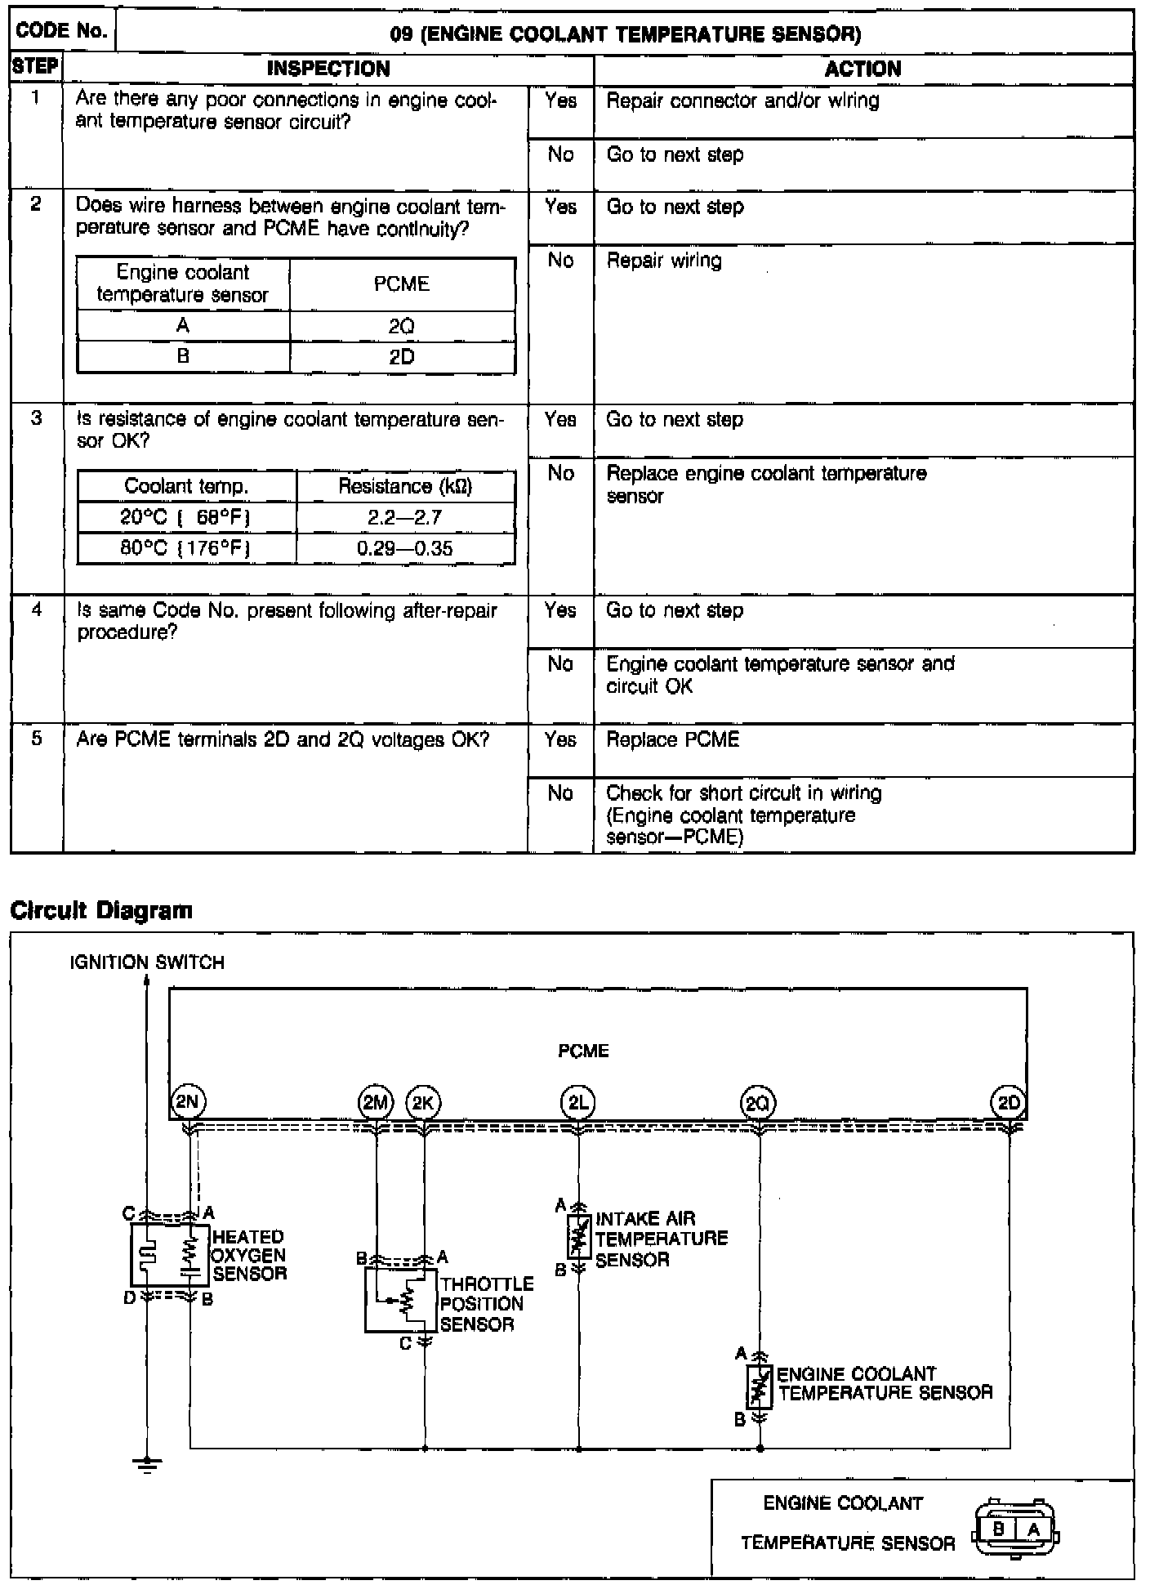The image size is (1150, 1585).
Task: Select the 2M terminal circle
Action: pos(376,1104)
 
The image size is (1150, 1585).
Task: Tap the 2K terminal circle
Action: pos(423,1104)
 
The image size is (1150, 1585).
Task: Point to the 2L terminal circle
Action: pos(578,1104)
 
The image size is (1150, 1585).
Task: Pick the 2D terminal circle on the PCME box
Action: pos(1009,1103)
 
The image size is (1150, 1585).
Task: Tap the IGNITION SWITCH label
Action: pos(147,962)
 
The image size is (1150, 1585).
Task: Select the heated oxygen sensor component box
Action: pos(170,1255)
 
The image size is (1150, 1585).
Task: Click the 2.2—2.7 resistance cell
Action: pos(405,518)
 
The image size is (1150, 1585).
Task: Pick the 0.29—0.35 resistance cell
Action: pos(405,548)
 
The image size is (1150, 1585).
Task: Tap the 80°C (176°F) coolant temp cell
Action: pos(185,548)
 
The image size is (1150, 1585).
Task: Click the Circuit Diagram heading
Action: pos(101,910)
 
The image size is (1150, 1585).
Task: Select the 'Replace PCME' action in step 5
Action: pos(672,739)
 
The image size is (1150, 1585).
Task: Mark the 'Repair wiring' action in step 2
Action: pos(664,261)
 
